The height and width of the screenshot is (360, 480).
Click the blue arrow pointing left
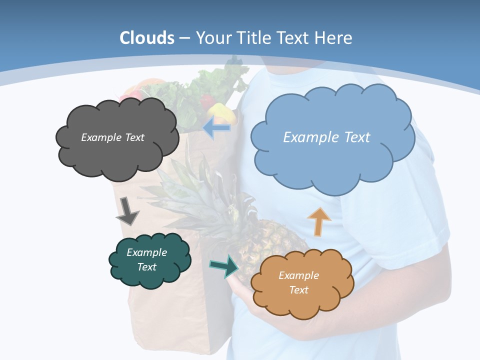(217, 128)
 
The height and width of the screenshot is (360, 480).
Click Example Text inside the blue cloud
(326, 137)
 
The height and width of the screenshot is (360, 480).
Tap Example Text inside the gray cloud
(112, 137)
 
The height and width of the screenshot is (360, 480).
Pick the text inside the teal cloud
(147, 259)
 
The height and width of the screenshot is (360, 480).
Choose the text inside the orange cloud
(298, 282)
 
